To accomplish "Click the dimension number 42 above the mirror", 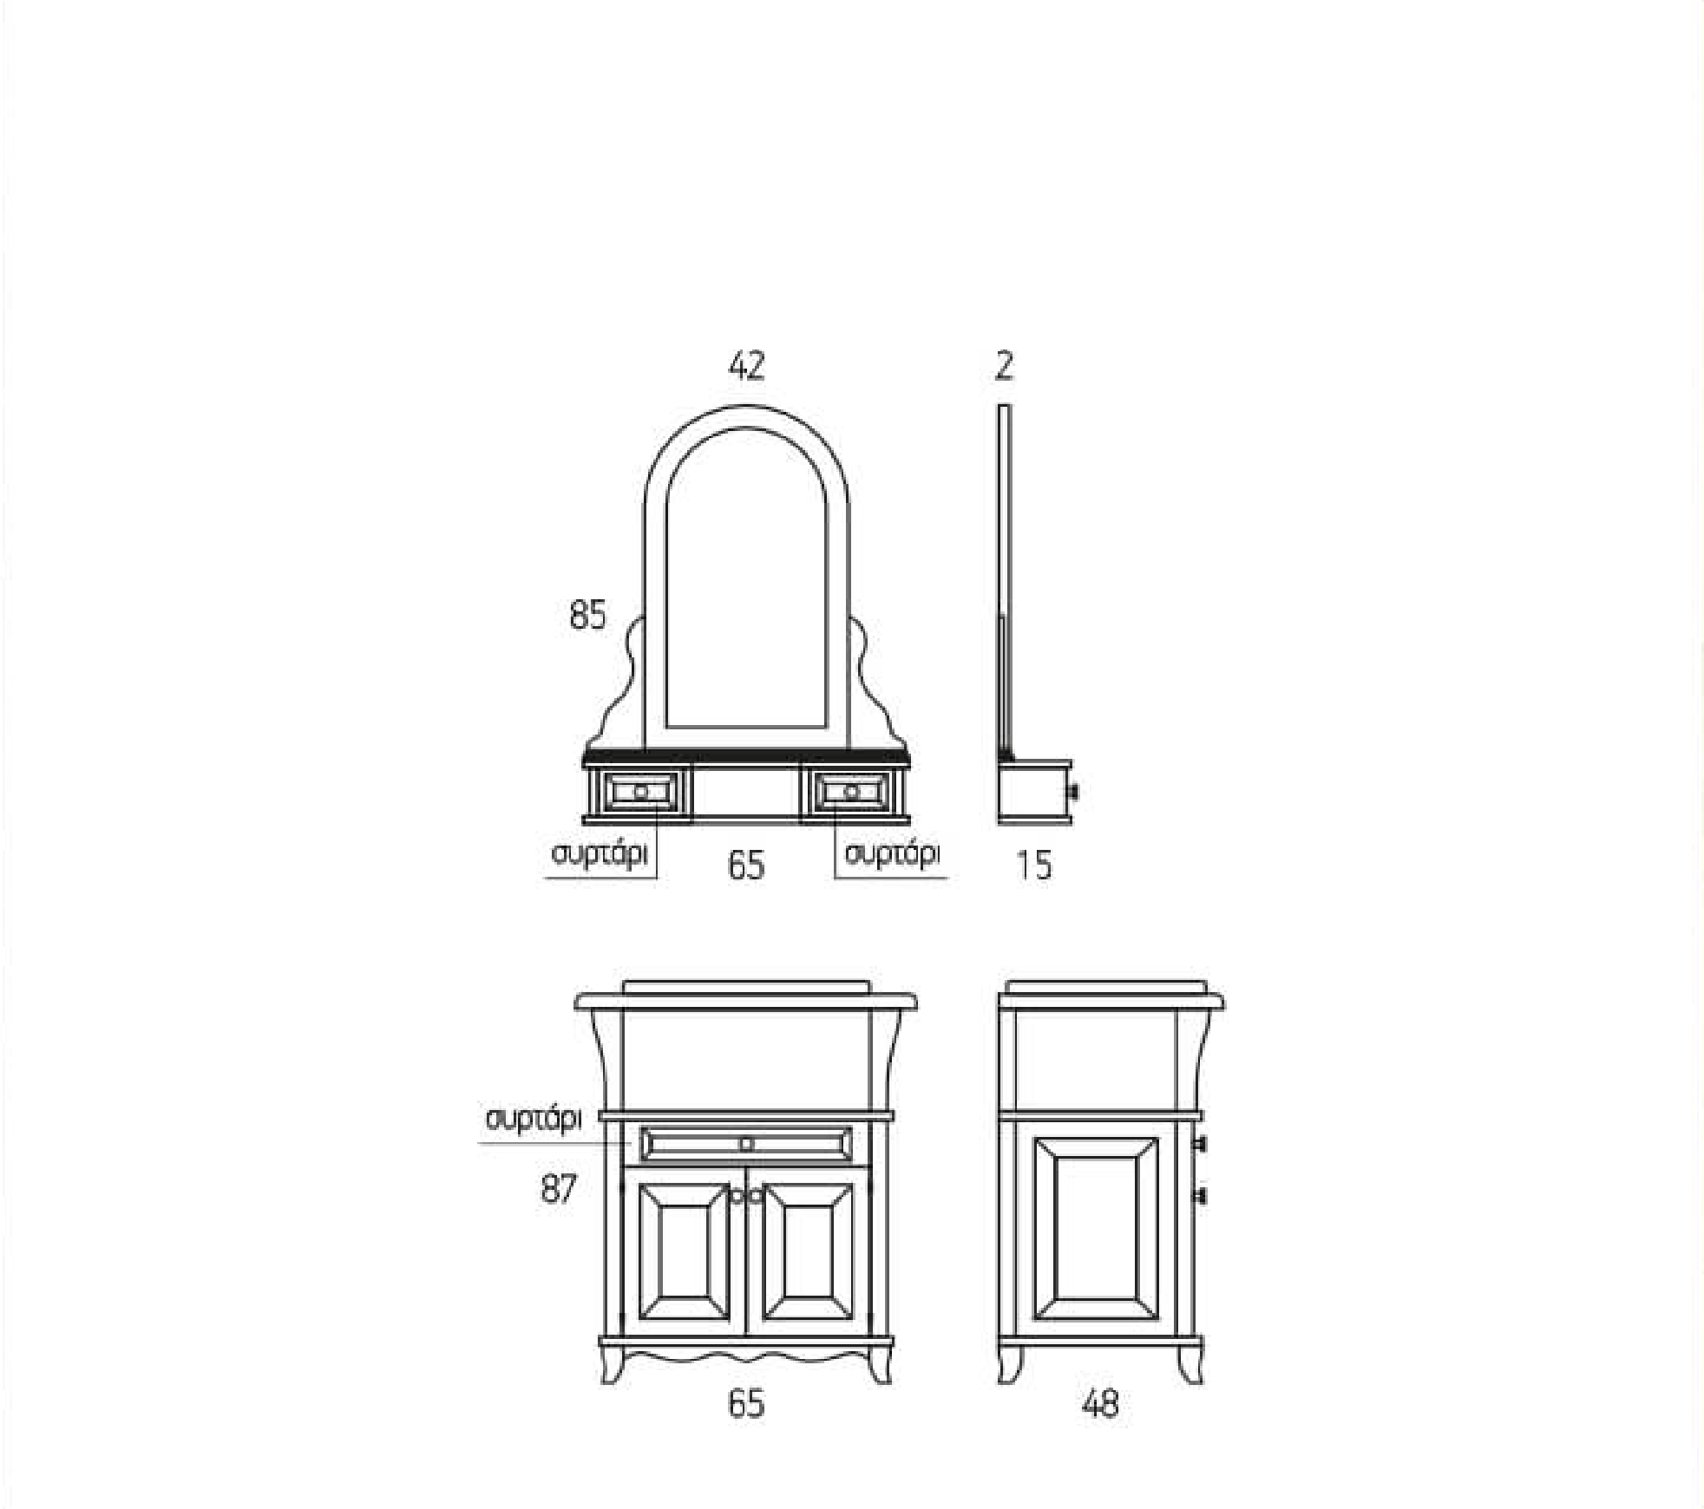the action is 746,366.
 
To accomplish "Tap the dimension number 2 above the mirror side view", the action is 1004,366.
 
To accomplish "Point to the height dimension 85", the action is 587,615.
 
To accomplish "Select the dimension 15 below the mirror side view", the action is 1034,865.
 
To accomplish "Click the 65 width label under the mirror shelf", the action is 746,865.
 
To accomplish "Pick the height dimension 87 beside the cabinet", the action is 558,1188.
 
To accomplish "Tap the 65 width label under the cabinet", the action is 746,1403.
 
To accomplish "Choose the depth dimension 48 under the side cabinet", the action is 1100,1403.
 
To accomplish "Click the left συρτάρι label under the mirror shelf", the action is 600,854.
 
